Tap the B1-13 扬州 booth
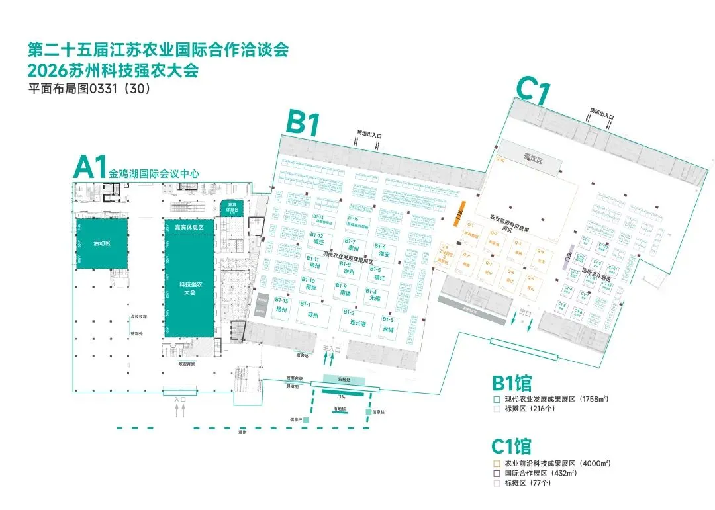(282, 306)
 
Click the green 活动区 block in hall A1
(102, 243)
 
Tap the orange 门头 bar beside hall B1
(456, 214)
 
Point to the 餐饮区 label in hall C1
(533, 159)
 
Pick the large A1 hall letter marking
(90, 167)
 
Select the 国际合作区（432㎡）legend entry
(540, 473)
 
